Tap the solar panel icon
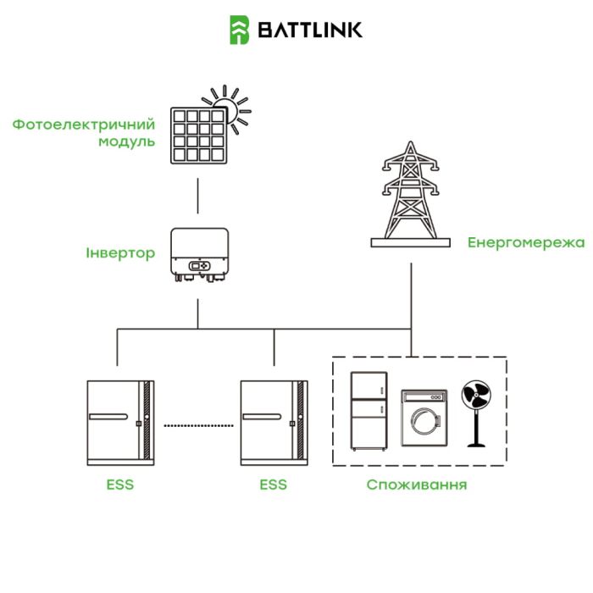pyautogui.click(x=200, y=135)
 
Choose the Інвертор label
pyautogui.click(x=120, y=253)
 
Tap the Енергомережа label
pyautogui.click(x=525, y=243)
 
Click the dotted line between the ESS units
pyautogui.click(x=198, y=423)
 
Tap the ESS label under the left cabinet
pyautogui.click(x=120, y=485)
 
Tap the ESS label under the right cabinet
pyautogui.click(x=273, y=485)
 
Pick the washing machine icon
pyautogui.click(x=423, y=418)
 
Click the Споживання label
pyautogui.click(x=417, y=485)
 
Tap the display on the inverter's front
pyautogui.click(x=198, y=267)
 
